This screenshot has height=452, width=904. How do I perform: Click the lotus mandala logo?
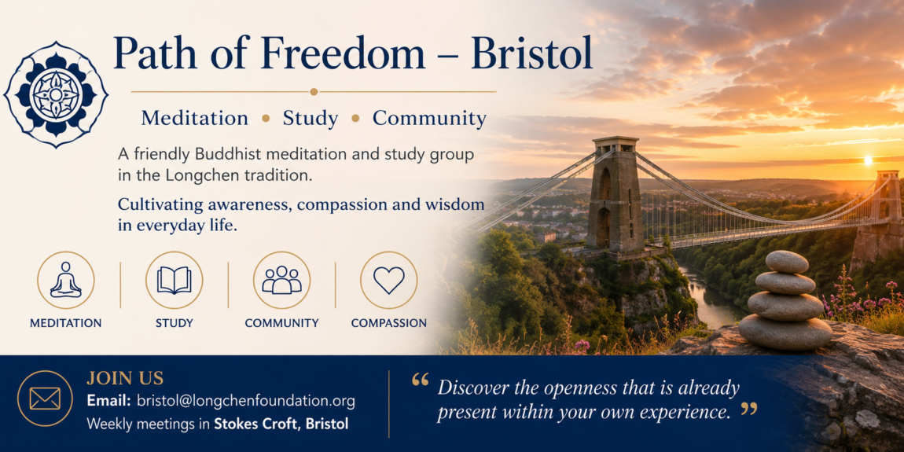56,94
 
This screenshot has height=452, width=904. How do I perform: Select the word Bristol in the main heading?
531,54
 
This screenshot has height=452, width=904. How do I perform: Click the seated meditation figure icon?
66,280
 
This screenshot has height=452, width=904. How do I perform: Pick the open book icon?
174,280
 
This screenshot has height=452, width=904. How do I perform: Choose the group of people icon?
282,280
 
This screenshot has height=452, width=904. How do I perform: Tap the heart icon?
389,280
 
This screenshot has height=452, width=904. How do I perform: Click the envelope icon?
45,399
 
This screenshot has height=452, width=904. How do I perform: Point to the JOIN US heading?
125,379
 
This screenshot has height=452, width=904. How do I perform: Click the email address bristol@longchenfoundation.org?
245,401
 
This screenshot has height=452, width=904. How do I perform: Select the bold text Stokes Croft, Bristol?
281,424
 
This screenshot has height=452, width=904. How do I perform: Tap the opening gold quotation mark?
421,380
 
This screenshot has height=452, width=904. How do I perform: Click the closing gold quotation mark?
748,410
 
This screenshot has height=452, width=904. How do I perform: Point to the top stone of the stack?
787,262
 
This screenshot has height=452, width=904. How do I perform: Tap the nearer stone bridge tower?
615,193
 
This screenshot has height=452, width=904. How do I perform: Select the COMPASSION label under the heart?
389,323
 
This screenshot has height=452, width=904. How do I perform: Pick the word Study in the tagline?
311,119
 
